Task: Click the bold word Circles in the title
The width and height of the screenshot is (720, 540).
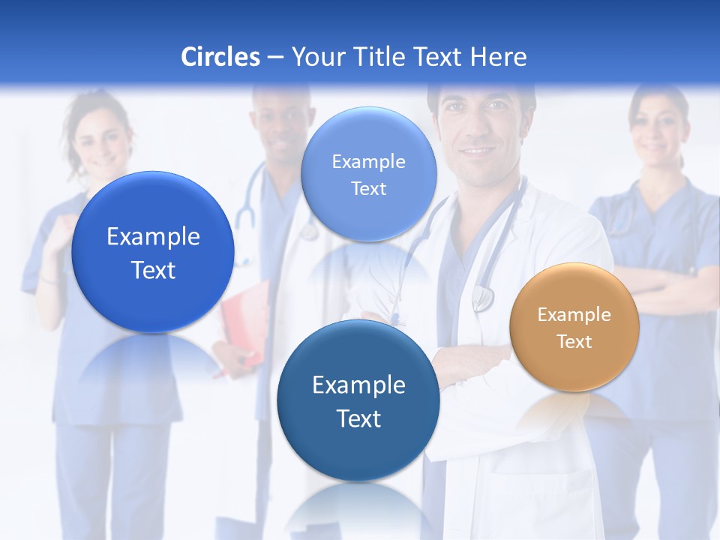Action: click(x=220, y=57)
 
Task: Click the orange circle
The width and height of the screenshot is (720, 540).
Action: click(x=574, y=326)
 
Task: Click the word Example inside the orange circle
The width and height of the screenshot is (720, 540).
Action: click(x=574, y=315)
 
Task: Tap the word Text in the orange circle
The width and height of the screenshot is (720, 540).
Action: click(x=574, y=342)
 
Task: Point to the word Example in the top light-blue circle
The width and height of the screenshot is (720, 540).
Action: click(x=369, y=161)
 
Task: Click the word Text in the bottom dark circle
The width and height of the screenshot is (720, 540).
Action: click(x=358, y=418)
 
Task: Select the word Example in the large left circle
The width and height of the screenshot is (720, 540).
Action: click(x=153, y=237)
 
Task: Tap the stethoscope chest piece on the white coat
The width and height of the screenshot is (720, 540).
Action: click(x=482, y=298)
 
